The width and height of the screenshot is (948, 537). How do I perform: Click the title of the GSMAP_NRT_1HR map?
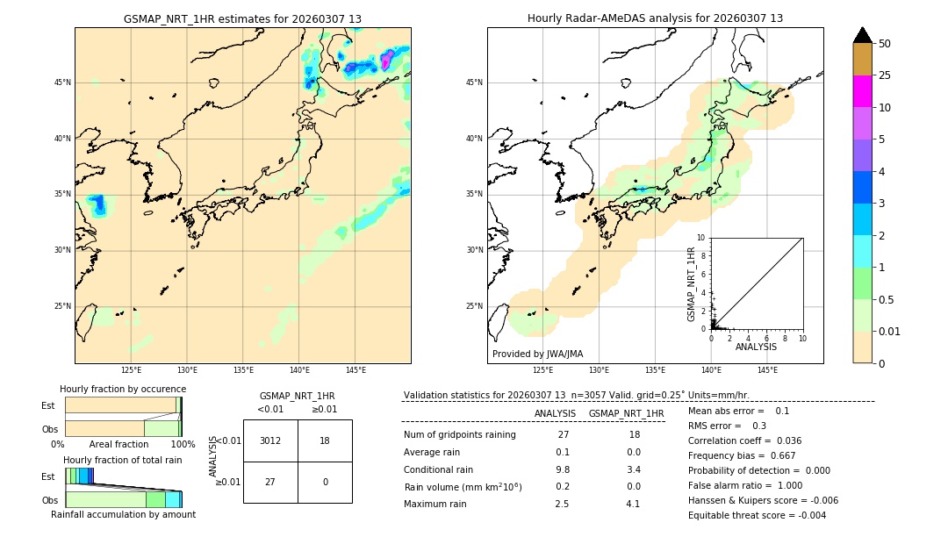pos(242,18)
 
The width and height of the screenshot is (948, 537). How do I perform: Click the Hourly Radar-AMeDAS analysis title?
pos(655,18)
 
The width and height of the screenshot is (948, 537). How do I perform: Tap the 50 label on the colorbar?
pos(885,44)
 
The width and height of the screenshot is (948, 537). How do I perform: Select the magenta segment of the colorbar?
pos(862,91)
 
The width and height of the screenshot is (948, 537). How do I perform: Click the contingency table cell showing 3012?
pos(270,440)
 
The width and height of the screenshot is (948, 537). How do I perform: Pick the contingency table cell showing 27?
pos(270,482)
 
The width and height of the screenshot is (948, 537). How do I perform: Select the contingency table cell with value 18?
pos(325,440)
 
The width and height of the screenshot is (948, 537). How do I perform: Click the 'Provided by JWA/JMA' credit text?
pos(537,354)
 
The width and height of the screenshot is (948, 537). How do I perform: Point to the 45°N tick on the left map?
pos(62,82)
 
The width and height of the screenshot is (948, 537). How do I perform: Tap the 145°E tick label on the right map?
pos(767,370)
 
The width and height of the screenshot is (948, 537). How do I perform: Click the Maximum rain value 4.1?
pos(633,504)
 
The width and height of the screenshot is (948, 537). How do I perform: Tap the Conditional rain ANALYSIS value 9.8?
pos(563,469)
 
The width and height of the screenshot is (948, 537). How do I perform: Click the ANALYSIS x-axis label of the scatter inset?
pos(756,347)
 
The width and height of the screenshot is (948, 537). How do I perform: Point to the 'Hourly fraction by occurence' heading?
pos(123,389)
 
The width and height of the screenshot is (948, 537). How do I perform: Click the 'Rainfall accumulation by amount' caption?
pos(123,514)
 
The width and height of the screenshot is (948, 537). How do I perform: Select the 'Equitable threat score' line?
pos(757,515)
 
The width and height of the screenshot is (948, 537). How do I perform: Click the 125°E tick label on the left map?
pos(131,370)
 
